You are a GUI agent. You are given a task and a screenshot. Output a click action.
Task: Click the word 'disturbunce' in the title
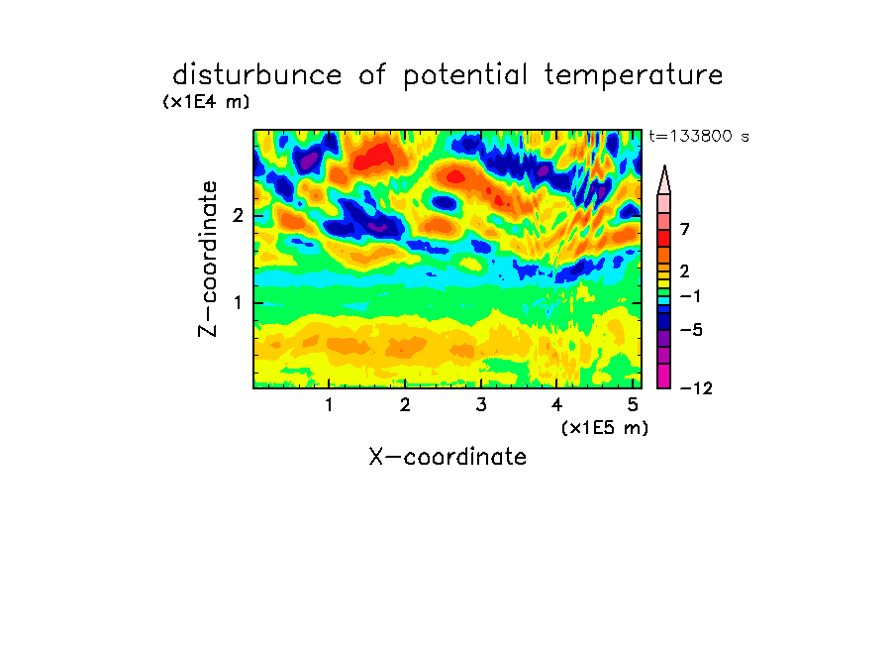pyautogui.click(x=257, y=75)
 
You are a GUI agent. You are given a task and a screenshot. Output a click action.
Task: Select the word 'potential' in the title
pyautogui.click(x=465, y=76)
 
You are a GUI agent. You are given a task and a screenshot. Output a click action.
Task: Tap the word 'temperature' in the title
pyautogui.click(x=634, y=76)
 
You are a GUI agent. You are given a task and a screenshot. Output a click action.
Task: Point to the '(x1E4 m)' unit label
pyautogui.click(x=206, y=102)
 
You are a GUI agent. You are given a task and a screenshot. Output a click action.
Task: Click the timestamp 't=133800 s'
pyautogui.click(x=699, y=136)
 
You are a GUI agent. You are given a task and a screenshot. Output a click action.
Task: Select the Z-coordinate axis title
pyautogui.click(x=208, y=259)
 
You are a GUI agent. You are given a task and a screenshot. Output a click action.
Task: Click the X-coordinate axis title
pyautogui.click(x=447, y=457)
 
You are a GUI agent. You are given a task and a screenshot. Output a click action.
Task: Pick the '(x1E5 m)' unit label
pyautogui.click(x=605, y=428)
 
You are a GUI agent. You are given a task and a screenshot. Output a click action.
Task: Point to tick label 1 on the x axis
pyautogui.click(x=329, y=405)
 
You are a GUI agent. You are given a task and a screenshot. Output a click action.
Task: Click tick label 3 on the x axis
pyautogui.click(x=481, y=405)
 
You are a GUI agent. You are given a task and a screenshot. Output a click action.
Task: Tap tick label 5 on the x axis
pyautogui.click(x=633, y=405)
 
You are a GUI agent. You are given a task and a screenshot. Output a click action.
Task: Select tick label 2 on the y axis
pyautogui.click(x=238, y=216)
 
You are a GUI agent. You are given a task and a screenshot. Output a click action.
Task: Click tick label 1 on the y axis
pyautogui.click(x=238, y=303)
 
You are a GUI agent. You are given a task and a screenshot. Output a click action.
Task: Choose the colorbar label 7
pyautogui.click(x=685, y=230)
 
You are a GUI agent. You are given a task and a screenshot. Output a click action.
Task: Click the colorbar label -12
pyautogui.click(x=697, y=389)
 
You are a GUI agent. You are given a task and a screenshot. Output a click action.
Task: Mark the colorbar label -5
pyautogui.click(x=691, y=330)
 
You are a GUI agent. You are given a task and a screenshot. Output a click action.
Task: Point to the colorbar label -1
pyautogui.click(x=690, y=296)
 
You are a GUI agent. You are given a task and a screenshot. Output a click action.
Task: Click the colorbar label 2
pyautogui.click(x=685, y=271)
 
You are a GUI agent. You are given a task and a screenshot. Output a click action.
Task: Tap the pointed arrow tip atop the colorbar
pyautogui.click(x=664, y=166)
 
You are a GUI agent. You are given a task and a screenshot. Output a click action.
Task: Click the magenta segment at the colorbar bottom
pyautogui.click(x=664, y=376)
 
